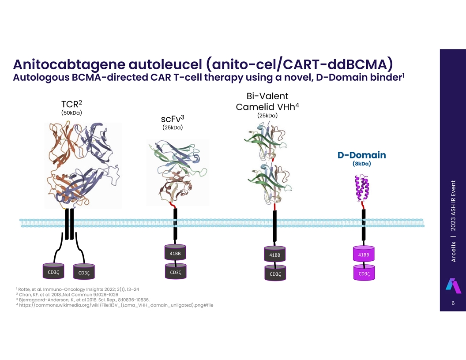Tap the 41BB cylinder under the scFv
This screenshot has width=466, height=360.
[x=175, y=253]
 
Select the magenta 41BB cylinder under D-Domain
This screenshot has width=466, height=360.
[x=364, y=254]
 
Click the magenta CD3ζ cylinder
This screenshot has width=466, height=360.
[x=364, y=273]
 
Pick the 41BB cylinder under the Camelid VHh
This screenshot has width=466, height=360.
[x=274, y=255]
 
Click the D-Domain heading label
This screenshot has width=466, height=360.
[x=361, y=155]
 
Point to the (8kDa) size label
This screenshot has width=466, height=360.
[x=361, y=164]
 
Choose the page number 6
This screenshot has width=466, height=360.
[x=453, y=304]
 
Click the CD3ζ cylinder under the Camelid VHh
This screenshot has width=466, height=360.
[x=275, y=274]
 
